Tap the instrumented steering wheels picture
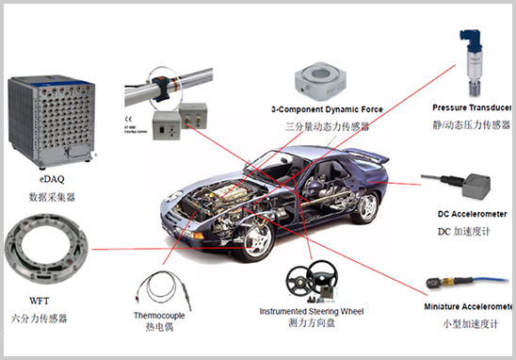pyautogui.click(x=311, y=279)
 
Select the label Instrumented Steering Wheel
pyautogui.click(x=311, y=310)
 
